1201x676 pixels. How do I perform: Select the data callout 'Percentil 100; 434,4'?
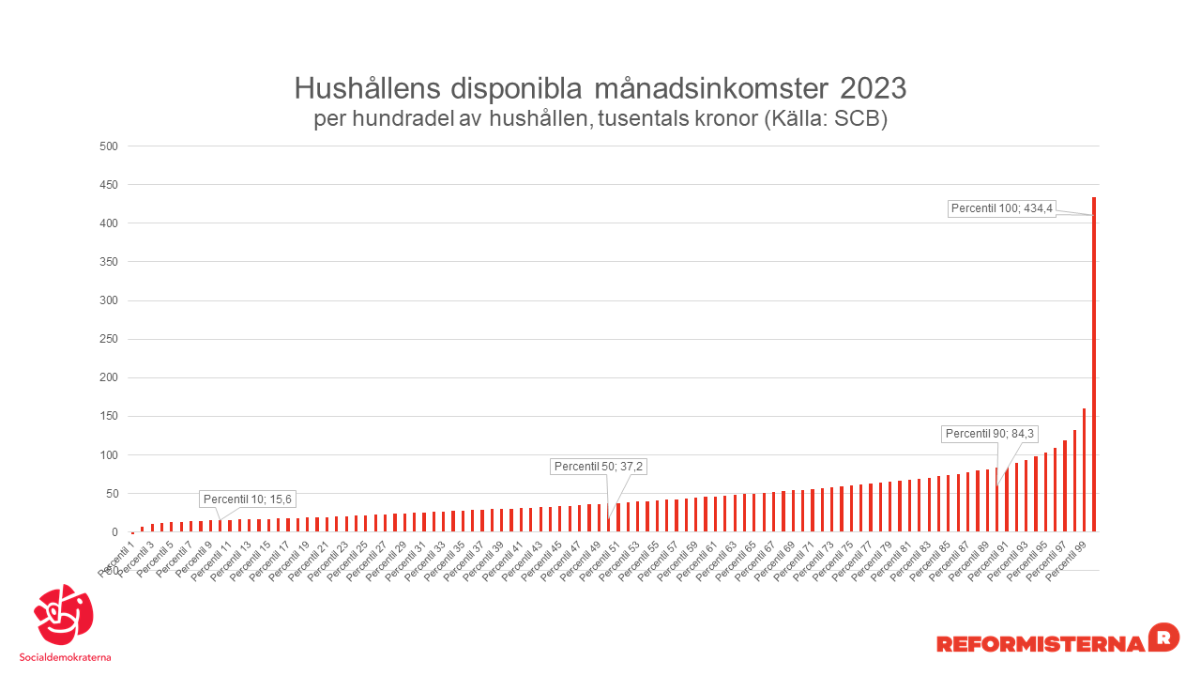click(1002, 208)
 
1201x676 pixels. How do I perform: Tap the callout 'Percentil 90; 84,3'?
click(990, 434)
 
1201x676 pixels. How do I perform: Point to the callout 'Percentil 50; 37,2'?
click(600, 467)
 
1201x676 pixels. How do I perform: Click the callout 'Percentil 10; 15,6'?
click(248, 499)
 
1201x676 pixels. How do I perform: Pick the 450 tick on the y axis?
click(110, 185)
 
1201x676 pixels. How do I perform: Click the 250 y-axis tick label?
click(110, 339)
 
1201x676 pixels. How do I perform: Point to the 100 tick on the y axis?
click(110, 455)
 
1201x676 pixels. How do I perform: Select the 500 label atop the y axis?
click(110, 146)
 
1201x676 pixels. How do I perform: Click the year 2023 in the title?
click(873, 89)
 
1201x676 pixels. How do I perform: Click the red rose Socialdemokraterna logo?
click(64, 614)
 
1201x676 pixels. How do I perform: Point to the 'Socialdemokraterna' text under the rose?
click(65, 657)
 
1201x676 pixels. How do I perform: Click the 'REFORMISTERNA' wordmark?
click(1041, 644)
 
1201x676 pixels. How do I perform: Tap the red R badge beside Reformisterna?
click(1163, 636)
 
